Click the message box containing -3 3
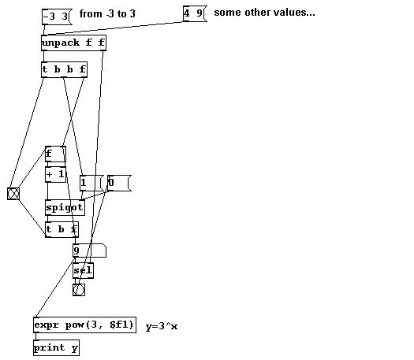tap(57, 17)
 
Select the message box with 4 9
tap(195, 13)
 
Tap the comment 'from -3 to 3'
tap(107, 13)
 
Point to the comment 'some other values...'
tap(264, 13)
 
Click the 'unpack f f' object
tap(73, 43)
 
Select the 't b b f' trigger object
tap(64, 69)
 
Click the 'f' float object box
tap(55, 154)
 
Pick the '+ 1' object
tap(55, 174)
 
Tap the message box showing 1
tap(91, 183)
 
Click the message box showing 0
tap(119, 183)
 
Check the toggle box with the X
tap(13, 194)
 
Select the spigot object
tap(65, 207)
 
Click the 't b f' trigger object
tap(62, 229)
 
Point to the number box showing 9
tap(90, 251)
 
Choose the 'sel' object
tap(83, 270)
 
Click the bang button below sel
tap(79, 290)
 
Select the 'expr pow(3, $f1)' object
tap(84, 325)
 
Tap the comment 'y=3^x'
tap(162, 326)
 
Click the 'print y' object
tap(56, 348)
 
